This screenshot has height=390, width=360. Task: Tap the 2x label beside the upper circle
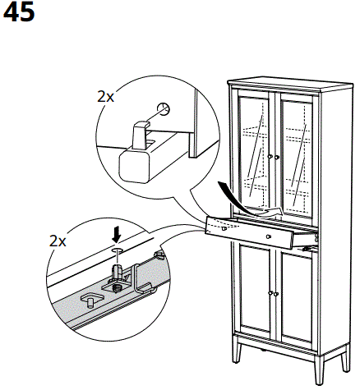[x=105, y=96]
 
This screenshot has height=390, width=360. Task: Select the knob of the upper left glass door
[x=270, y=156]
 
